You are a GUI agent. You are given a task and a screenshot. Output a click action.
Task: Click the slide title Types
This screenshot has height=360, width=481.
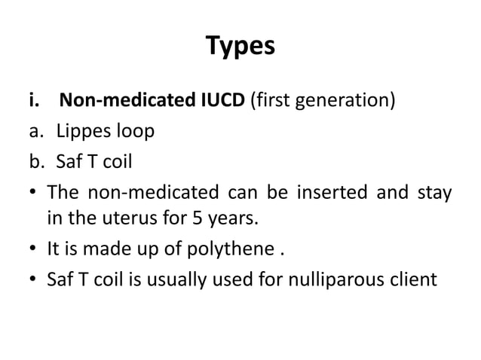240,47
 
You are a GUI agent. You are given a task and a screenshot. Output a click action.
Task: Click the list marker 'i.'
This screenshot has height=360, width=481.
35,100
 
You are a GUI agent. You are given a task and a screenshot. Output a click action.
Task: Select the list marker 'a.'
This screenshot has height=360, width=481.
37,132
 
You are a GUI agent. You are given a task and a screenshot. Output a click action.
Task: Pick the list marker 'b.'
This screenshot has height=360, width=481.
38,162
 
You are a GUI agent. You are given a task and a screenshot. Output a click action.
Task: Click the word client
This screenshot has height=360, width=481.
412,281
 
